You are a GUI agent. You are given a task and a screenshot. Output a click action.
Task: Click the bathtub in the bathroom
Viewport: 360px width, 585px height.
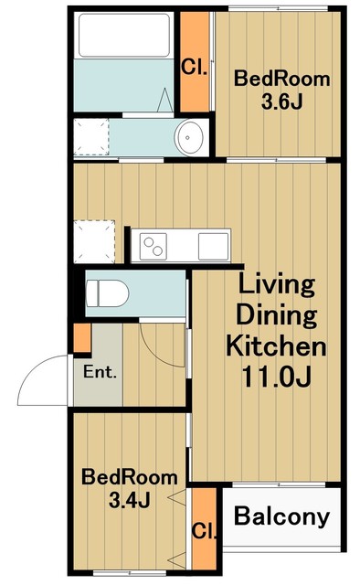point(124,35)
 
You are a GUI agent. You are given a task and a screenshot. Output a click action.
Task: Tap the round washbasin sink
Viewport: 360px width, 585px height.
point(190,137)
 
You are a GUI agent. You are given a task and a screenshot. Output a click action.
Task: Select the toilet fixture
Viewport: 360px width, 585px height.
point(107,293)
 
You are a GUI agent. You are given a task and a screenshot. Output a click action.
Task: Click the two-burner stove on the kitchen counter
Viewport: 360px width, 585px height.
point(154,246)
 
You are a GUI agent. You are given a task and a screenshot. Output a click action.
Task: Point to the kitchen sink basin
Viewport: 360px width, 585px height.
point(213,246)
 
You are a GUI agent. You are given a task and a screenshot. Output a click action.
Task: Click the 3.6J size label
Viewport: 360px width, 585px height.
point(281,101)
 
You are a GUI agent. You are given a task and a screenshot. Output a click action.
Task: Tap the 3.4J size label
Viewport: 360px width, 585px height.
point(130,500)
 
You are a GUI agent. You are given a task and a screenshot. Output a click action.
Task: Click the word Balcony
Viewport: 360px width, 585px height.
point(281,516)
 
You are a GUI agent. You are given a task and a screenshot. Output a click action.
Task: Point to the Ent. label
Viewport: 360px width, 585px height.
point(100,372)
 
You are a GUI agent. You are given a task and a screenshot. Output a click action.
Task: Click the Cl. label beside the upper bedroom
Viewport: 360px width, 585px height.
point(194,68)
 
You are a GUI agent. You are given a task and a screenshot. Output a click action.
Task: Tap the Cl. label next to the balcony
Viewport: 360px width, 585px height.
point(204,530)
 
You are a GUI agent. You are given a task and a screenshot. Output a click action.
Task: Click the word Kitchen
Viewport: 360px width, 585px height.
point(276,346)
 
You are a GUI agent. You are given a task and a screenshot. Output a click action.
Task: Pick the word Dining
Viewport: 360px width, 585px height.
point(277,315)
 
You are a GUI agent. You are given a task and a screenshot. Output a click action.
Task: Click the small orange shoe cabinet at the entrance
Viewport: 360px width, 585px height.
point(82,338)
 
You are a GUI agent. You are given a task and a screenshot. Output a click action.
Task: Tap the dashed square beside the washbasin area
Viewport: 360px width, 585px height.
point(91,137)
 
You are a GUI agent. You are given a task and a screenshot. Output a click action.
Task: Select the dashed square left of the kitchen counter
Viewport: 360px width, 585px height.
point(94,241)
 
